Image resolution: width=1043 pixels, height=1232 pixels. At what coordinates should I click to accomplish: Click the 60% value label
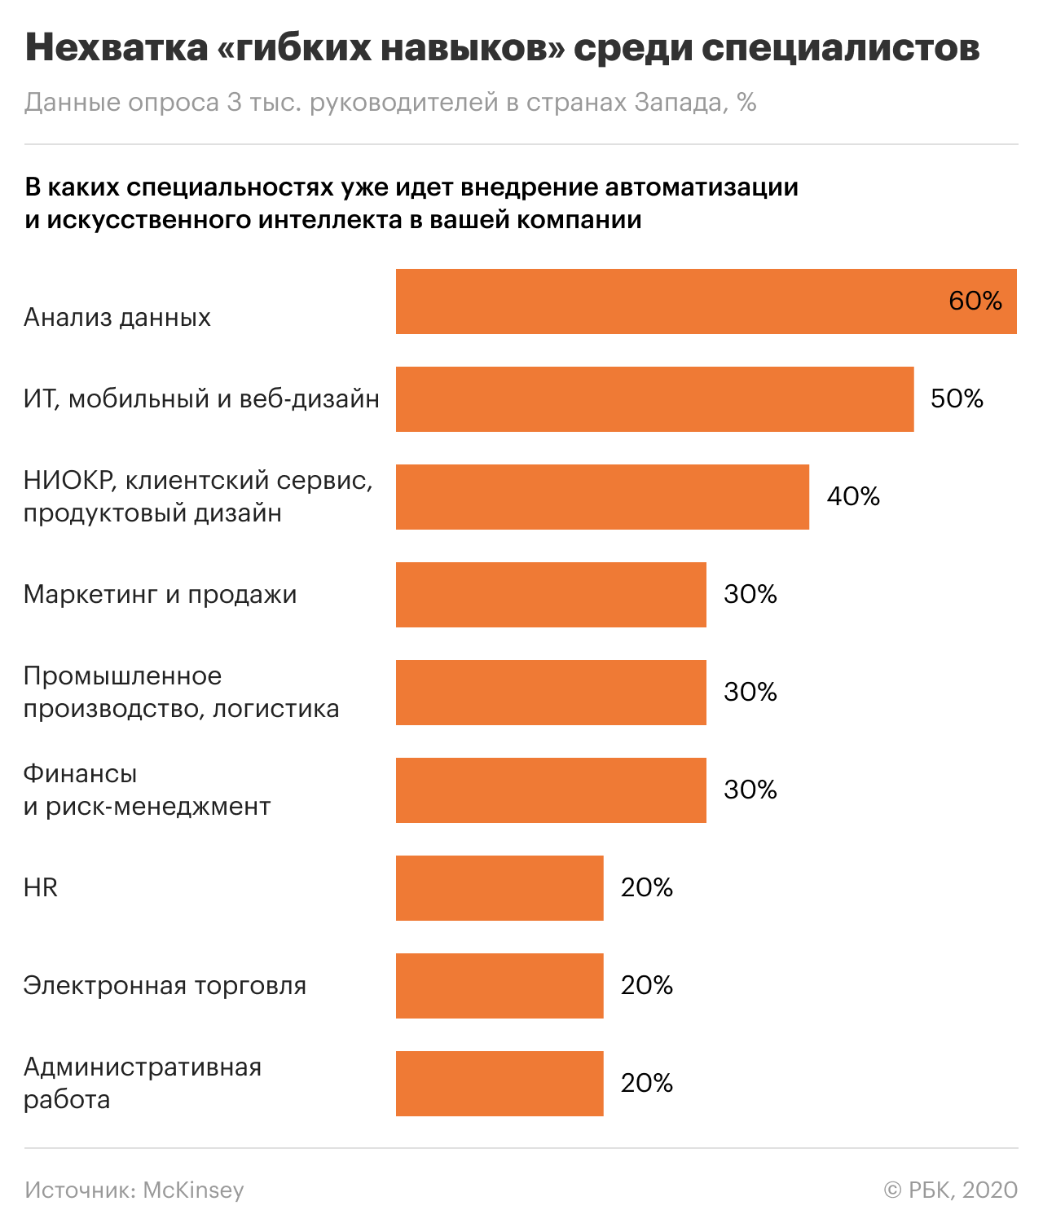click(x=975, y=301)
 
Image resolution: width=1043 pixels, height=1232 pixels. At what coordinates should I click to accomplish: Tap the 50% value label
click(x=957, y=399)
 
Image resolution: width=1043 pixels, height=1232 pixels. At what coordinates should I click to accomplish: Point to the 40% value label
click(x=853, y=497)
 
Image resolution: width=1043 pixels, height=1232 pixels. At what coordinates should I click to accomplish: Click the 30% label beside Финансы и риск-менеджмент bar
click(x=750, y=790)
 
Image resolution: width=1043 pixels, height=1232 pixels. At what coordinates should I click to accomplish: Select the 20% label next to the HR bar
click(x=647, y=888)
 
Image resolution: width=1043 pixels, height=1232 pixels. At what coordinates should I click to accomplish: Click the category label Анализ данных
click(x=117, y=317)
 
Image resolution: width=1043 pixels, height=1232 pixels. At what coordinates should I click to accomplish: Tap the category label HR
click(x=41, y=887)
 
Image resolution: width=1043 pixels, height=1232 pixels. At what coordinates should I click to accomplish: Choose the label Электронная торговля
click(x=165, y=985)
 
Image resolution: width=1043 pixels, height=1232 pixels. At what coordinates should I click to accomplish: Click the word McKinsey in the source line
click(x=193, y=1190)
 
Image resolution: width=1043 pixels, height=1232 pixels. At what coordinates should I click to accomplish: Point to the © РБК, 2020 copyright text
click(x=950, y=1190)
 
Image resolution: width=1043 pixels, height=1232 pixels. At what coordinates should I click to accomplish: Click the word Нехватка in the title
click(x=117, y=48)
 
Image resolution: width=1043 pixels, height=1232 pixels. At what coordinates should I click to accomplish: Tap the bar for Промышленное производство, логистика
click(x=551, y=693)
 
